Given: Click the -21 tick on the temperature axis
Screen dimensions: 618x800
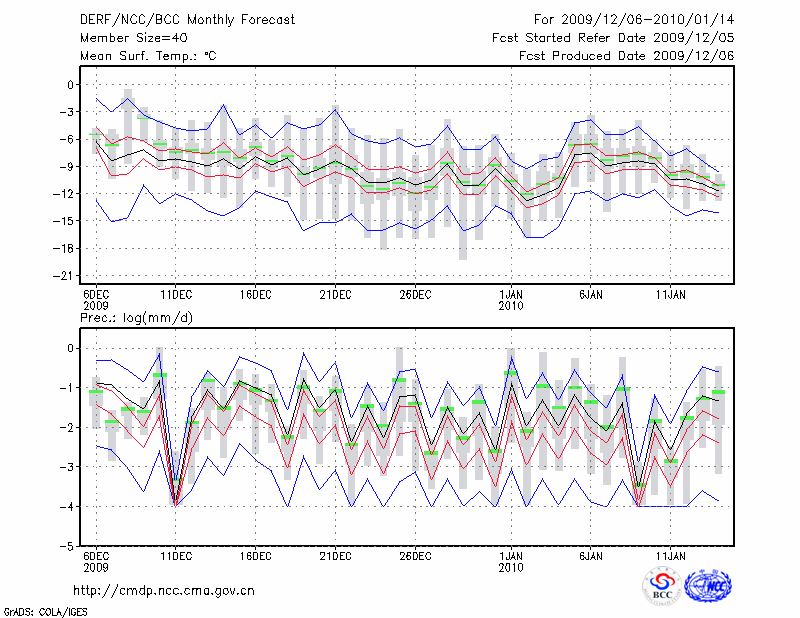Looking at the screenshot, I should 68,275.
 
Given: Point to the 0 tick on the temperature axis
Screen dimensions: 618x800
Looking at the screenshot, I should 72,85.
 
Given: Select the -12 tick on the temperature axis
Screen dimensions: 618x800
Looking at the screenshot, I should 68,193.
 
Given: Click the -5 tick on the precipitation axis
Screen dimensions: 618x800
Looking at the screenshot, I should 68,548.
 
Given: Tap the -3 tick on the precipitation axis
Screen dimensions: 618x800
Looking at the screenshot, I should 68,468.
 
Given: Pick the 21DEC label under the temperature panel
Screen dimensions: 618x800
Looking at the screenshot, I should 335,295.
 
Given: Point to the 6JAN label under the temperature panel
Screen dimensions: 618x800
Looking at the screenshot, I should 591,295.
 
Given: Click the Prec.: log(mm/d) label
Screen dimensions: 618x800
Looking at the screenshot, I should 135,318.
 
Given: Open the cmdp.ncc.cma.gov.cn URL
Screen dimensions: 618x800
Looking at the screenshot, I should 164,590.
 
